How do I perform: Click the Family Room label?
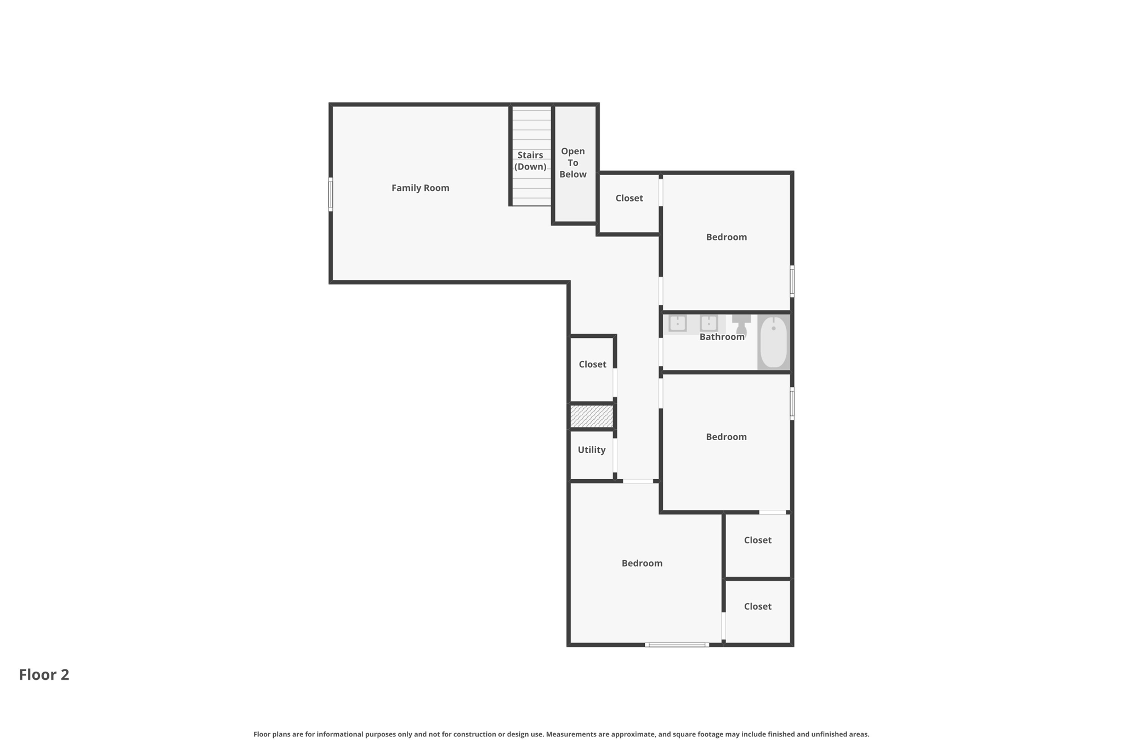coord(420,188)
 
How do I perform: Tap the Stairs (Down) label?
coord(530,161)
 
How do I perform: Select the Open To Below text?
coord(572,162)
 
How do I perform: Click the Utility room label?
coord(591,450)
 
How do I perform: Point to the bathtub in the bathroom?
coord(773,342)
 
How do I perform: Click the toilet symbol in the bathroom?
coord(741,324)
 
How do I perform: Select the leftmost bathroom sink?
coord(678,323)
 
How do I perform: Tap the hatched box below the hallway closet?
coord(591,416)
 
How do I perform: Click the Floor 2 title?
coord(44,675)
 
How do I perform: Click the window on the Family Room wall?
coord(331,194)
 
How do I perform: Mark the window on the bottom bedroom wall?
coord(677,645)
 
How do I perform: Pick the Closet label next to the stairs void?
coord(629,198)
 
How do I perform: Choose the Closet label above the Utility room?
coord(592,364)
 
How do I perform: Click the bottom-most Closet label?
coord(757,606)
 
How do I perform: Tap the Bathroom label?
coord(722,337)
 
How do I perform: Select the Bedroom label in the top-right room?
coord(726,237)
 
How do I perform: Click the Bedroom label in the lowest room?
coord(642,564)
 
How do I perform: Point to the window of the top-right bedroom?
coord(792,281)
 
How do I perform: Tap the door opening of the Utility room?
coord(615,455)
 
